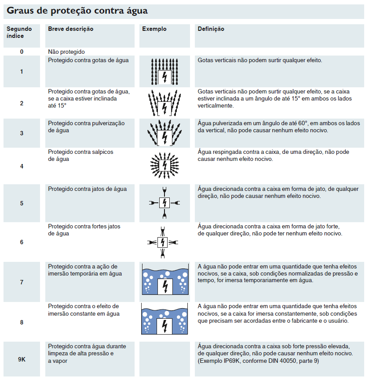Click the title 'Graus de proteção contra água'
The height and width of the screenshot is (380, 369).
pyautogui.click(x=77, y=11)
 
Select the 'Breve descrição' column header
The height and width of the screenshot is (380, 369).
pyautogui.click(x=71, y=29)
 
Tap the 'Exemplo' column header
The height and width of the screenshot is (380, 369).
pyautogui.click(x=154, y=29)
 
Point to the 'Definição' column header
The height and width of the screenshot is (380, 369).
pyautogui.click(x=211, y=29)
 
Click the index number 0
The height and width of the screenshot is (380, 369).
pyautogui.click(x=22, y=52)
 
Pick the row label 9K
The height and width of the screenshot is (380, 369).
pyautogui.click(x=22, y=359)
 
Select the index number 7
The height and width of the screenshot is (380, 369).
pyautogui.click(x=22, y=282)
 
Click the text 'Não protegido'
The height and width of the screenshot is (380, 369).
pyautogui.click(x=66, y=52)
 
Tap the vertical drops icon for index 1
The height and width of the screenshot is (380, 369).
pyautogui.click(x=164, y=71)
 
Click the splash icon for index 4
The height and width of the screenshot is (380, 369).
pyautogui.click(x=164, y=166)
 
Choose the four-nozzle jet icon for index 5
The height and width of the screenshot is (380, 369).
pyautogui.click(x=164, y=203)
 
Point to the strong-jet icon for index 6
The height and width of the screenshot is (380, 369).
pyautogui.click(x=163, y=242)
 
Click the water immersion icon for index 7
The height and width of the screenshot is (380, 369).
pyautogui.click(x=165, y=279)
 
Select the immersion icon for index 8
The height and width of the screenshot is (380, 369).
pyautogui.click(x=164, y=319)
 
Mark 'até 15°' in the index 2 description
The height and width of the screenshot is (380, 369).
pyautogui.click(x=57, y=106)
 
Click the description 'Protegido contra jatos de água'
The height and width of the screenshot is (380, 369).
pyautogui.click(x=87, y=189)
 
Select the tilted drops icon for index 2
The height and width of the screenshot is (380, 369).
pyautogui.click(x=164, y=103)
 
